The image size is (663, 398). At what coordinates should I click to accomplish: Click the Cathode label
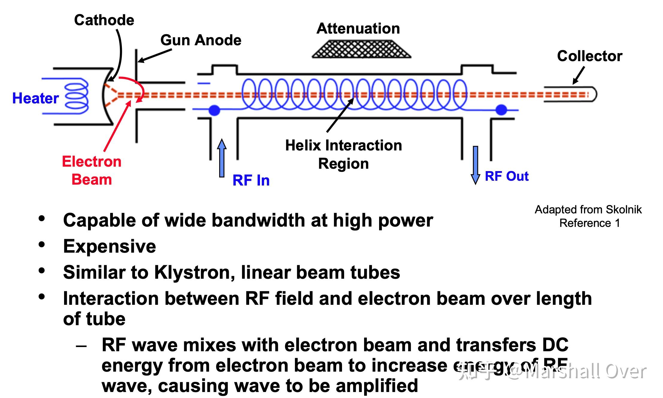click(x=104, y=20)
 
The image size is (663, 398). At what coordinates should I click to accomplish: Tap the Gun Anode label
click(x=201, y=40)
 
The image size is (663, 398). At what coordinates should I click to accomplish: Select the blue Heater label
click(x=35, y=98)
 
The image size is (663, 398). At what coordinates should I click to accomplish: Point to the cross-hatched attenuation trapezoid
click(x=361, y=49)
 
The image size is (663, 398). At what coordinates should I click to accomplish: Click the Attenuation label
click(x=358, y=28)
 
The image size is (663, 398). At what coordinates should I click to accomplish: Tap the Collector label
click(x=590, y=56)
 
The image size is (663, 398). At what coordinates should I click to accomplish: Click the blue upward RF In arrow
click(x=222, y=158)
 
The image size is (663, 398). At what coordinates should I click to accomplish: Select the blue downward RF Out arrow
click(x=475, y=165)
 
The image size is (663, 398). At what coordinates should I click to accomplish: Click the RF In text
click(x=251, y=180)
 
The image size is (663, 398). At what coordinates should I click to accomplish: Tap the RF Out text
click(x=507, y=176)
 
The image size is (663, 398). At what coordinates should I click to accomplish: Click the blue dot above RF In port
click(x=214, y=110)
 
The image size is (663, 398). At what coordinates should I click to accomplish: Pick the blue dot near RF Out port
click(x=501, y=110)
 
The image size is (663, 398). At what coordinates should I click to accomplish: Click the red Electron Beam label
click(x=92, y=171)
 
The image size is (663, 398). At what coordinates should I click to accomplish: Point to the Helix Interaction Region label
click(x=343, y=154)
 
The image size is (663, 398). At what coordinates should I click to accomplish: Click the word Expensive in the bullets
click(x=110, y=246)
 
